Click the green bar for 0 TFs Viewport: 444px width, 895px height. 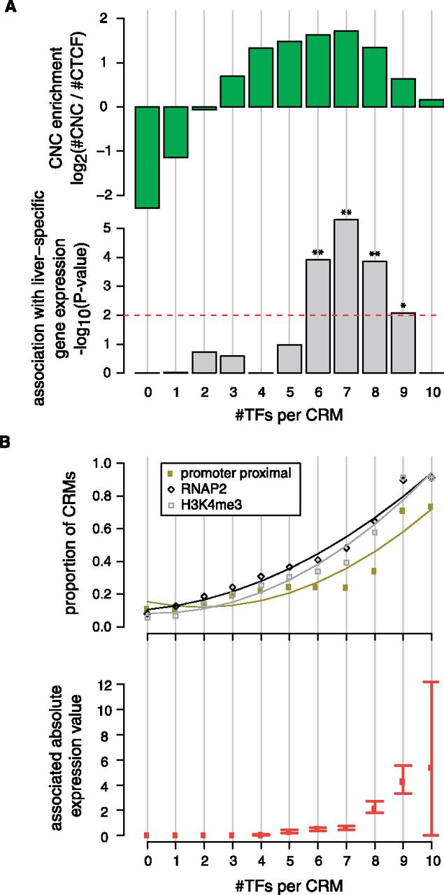[148, 157]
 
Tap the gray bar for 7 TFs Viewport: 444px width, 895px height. [346, 296]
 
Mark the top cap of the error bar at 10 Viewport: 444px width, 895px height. [431, 682]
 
